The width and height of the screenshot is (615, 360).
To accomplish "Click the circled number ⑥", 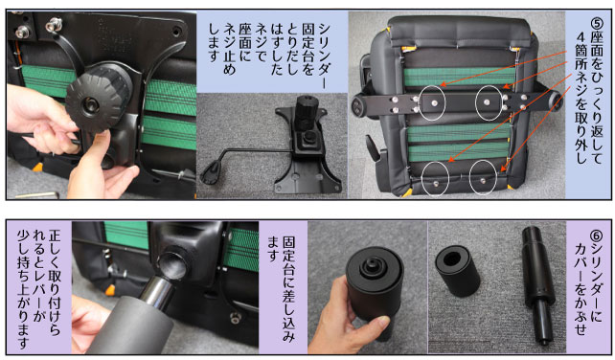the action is coord(596,236).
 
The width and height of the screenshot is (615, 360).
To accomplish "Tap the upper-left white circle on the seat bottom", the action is coord(432,102).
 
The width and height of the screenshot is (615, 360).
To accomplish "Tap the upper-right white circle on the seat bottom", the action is coord(489,102).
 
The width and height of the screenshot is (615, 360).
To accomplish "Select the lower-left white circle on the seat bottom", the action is coord(435,178).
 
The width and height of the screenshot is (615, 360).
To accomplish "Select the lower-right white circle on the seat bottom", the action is coord(483,178).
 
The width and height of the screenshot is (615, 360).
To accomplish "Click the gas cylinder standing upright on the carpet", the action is coord(537,285).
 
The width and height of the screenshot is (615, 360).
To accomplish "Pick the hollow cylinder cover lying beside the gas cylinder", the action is coord(457,270).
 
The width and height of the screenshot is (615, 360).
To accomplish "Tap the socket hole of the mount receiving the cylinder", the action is coord(172,264).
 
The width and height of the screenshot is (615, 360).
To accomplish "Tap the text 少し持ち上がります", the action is coord(23,289).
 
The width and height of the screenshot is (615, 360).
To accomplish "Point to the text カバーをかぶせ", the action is coord(581,289).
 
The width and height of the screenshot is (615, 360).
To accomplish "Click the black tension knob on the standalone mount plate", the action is coord(307,109).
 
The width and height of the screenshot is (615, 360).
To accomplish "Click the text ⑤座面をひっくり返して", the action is coord(597,91).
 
